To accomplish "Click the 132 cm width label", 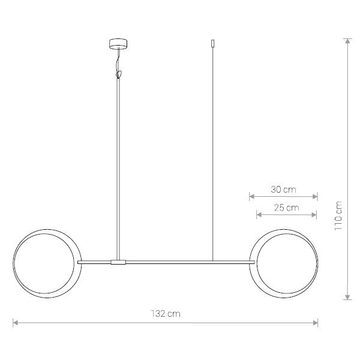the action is pos(166,314).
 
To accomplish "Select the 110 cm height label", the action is pos(338,216).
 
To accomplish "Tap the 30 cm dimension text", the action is pos(283,190).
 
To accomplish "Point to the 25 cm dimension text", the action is pos(287,208).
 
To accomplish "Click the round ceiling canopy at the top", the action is pos(118,44).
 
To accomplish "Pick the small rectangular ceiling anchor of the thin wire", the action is pos(213,43).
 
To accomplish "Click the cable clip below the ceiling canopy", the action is pos(118,74).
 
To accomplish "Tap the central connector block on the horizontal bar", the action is pos(118,262).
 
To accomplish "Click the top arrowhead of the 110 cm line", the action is pos(348,41).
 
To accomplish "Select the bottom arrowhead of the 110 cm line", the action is pos(348,297).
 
